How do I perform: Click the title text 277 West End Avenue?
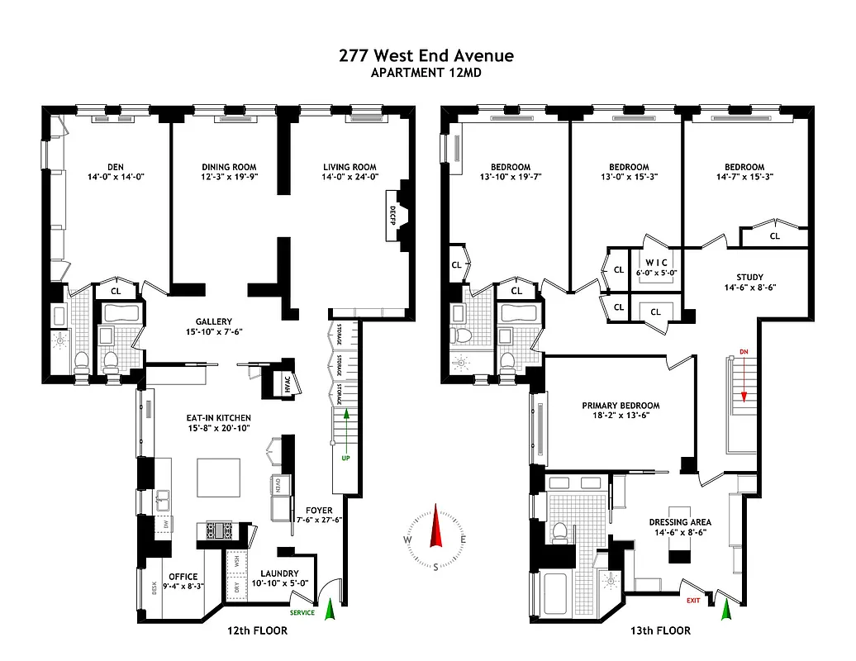[426, 55]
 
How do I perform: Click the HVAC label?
[273, 385]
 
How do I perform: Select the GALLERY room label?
[214, 321]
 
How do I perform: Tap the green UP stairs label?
[346, 456]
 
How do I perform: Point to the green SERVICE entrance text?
[302, 612]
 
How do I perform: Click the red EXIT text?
[692, 600]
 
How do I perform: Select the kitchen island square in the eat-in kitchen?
[219, 478]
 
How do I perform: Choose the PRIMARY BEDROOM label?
[621, 406]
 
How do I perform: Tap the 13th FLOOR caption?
[659, 631]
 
